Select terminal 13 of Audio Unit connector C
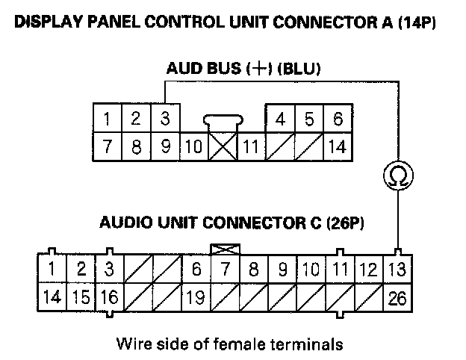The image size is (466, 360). click(398, 269)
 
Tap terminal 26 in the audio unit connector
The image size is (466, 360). click(398, 298)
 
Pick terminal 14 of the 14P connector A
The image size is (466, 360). click(338, 147)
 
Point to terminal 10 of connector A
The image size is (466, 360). click(192, 147)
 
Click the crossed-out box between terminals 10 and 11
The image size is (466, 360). click(223, 147)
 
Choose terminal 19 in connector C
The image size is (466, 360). click(196, 298)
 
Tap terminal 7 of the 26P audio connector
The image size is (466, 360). click(223, 269)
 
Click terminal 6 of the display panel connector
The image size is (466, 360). click(338, 119)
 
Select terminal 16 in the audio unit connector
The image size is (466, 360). click(110, 298)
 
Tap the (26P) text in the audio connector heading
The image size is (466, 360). click(347, 223)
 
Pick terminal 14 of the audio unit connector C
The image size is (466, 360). click(52, 298)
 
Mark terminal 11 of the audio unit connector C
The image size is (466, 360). click(340, 269)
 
